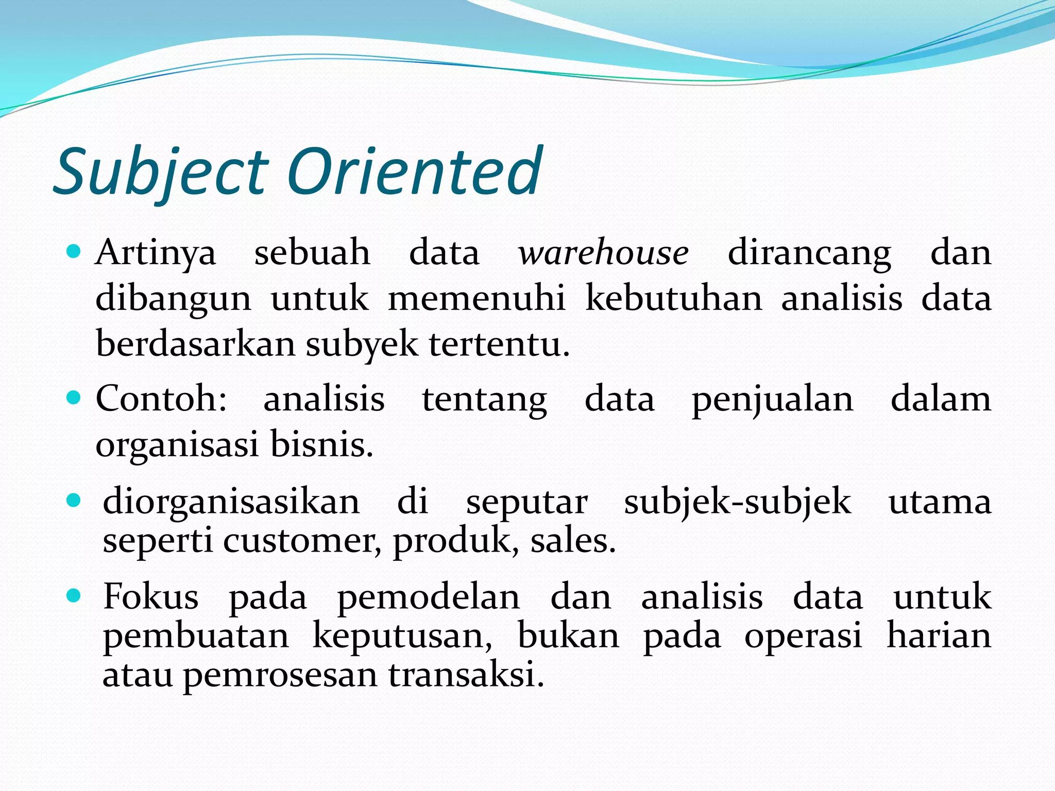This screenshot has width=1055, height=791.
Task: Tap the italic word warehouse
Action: coord(603,253)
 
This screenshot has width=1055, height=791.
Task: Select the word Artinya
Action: coord(156,253)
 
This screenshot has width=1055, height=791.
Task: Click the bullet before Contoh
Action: coord(74,398)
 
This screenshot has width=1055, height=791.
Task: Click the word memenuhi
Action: coord(477,299)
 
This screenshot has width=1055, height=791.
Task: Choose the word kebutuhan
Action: coord(674,299)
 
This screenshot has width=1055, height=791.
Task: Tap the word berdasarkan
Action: coord(195,344)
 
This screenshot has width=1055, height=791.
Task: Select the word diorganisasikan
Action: coord(231,501)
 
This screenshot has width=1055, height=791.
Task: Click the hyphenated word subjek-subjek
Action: coord(737,502)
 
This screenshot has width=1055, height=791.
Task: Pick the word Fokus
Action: coord(150,597)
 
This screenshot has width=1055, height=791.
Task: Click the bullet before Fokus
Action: coord(74,596)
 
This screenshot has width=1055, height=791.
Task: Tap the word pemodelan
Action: coord(429,598)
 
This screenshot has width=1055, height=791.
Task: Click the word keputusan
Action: coord(402,637)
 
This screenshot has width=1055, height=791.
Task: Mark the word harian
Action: coord(939,635)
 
